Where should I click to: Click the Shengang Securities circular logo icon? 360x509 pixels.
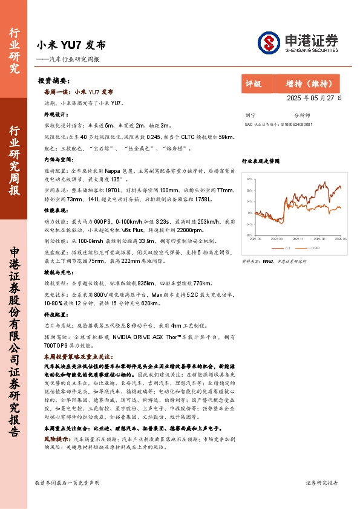pos(269,42)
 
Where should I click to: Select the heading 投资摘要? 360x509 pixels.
pos(53,80)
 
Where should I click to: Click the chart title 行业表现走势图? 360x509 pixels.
pos(261,162)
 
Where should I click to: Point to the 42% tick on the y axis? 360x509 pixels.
pos(249,180)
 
